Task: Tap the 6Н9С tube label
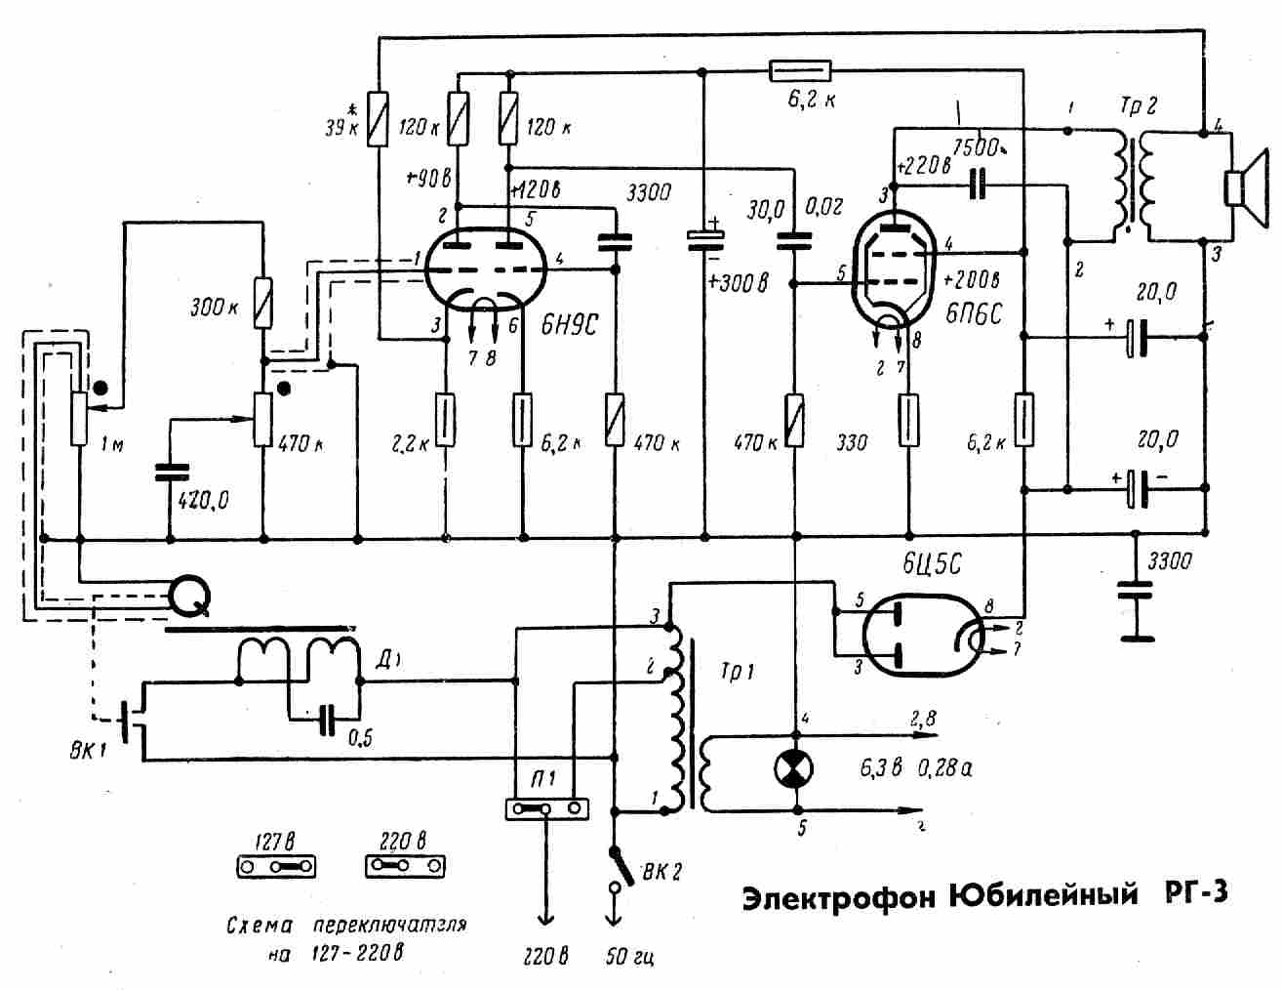click(x=570, y=327)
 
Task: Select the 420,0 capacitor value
click(x=204, y=501)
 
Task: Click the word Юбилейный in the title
click(x=1044, y=894)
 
